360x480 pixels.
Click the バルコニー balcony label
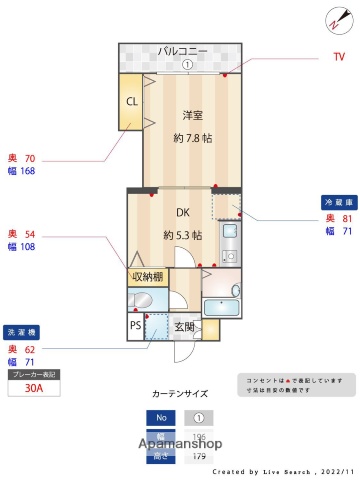(187, 50)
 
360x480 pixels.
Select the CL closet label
(132, 101)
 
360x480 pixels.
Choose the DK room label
(182, 213)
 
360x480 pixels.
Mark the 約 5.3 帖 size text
(183, 235)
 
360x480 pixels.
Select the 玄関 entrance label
(185, 326)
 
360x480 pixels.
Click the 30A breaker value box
(34, 390)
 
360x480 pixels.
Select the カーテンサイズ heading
(179, 394)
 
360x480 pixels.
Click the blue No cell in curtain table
(159, 418)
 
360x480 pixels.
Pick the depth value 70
(30, 158)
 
